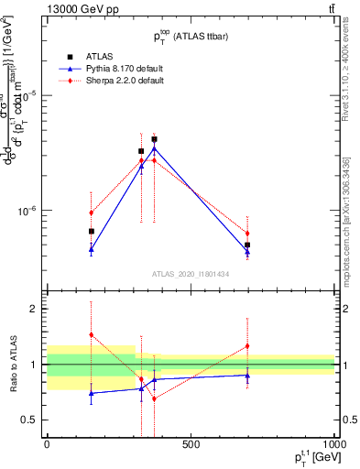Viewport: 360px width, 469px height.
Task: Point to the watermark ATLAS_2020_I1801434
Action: pos(191,273)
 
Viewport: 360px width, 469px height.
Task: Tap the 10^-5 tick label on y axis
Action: pos(29,94)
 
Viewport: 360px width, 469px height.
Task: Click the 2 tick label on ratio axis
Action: pos(37,309)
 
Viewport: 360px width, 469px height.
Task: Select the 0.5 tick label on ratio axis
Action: pos(33,420)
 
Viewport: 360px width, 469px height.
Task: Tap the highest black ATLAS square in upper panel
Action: pos(154,139)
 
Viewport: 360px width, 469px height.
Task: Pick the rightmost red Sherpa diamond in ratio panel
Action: pos(247,346)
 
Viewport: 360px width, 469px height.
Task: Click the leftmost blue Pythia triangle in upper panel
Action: pos(91,249)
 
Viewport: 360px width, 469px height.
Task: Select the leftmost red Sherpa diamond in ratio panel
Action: pos(91,335)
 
